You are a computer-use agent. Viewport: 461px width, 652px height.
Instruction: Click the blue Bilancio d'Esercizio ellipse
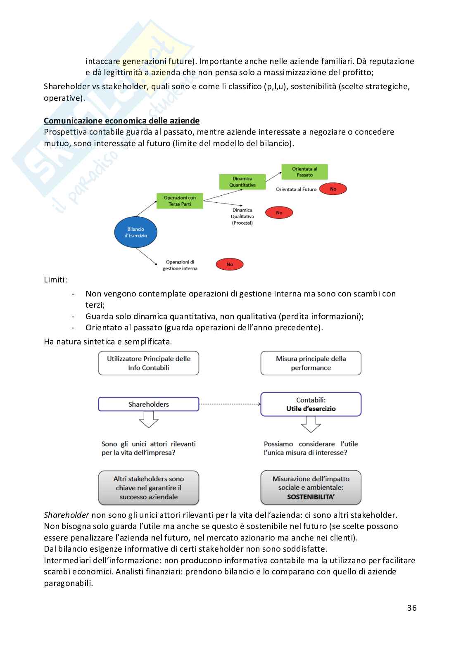click(x=135, y=232)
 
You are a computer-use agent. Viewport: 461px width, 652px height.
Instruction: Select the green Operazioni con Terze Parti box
click(x=180, y=201)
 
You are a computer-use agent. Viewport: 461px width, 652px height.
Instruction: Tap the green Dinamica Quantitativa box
click(x=242, y=182)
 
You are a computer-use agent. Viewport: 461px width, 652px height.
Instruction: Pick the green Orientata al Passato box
click(x=304, y=172)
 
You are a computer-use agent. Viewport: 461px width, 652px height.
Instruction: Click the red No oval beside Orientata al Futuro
click(x=333, y=189)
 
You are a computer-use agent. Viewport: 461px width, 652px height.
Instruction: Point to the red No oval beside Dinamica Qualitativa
click(x=279, y=213)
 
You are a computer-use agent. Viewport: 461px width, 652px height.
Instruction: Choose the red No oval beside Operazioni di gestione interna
click(x=229, y=264)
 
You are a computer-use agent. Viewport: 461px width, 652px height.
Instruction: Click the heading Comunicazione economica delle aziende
click(x=121, y=121)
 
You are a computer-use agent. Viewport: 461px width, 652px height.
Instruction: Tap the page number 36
click(x=411, y=608)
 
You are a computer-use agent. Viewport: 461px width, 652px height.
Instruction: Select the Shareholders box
click(x=148, y=404)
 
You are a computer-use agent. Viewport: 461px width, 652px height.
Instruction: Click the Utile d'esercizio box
click(x=311, y=404)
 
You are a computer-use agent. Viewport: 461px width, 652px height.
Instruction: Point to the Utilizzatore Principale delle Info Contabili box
click(x=148, y=363)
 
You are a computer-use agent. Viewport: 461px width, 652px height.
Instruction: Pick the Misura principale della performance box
click(x=311, y=363)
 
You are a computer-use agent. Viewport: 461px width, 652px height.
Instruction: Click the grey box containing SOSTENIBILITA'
click(x=311, y=488)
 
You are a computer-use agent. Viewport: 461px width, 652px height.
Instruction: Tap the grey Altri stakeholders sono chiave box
click(x=148, y=488)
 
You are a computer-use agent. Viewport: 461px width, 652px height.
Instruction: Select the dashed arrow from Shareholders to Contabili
click(x=230, y=404)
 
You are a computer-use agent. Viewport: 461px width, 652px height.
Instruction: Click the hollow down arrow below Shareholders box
click(x=148, y=420)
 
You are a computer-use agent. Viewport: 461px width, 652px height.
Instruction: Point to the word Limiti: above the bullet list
click(x=55, y=280)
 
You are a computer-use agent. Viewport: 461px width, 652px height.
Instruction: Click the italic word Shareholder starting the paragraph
click(x=67, y=515)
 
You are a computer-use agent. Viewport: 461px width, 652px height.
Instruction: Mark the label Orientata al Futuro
click(x=296, y=189)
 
